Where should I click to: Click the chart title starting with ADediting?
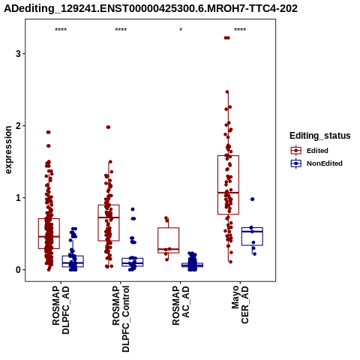coord(151,8)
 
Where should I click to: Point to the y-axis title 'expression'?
coord(8,150)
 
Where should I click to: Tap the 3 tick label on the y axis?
coord(18,54)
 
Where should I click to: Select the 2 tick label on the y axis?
coord(18,126)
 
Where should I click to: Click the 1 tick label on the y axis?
coord(18,198)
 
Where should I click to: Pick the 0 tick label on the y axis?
coord(18,270)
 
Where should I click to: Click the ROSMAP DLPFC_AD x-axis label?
coord(61,310)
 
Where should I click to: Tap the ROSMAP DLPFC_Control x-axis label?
coord(121,319)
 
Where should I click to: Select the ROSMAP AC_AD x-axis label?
coord(181,305)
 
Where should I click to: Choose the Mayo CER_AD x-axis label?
coord(241,304)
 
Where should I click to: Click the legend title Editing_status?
coord(320,136)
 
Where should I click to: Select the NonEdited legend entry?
coord(316,163)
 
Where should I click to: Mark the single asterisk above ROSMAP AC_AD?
coord(181,30)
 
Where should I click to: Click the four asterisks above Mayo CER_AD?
coord(240,30)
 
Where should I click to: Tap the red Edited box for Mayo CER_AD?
coord(228,185)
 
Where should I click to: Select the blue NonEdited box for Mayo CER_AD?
coord(252,236)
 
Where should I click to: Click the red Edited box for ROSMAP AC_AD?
coord(169,240)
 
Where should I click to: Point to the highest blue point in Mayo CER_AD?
coord(253,199)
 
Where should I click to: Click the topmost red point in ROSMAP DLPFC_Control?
coord(108,127)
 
